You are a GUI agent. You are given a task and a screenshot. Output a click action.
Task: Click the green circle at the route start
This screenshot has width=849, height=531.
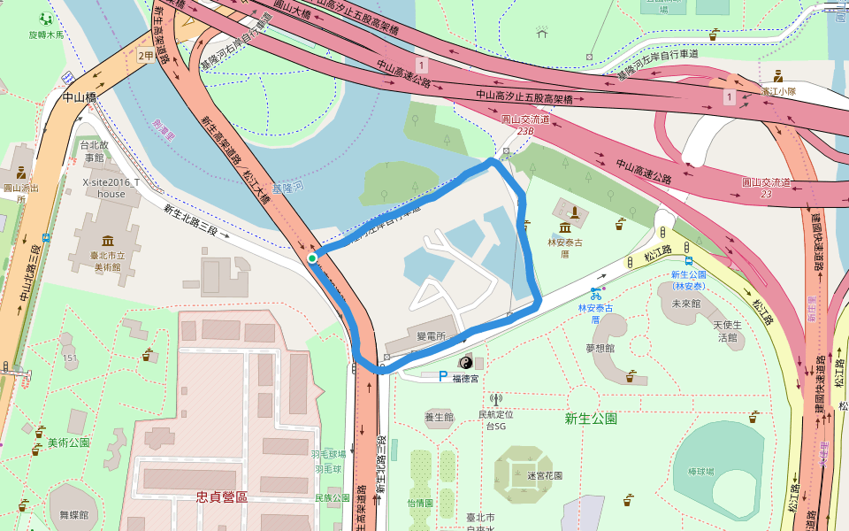[312, 258]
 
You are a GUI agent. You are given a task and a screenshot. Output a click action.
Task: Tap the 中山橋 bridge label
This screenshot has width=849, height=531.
[79, 98]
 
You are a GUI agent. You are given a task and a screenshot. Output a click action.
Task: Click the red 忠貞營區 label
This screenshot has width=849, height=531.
[222, 496]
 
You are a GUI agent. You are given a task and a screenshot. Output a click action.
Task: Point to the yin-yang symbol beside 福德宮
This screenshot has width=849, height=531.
[465, 363]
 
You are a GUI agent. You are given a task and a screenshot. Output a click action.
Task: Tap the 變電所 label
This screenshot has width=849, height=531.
[431, 337]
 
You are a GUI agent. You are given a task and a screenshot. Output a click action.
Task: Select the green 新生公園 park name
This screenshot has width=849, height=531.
[591, 418]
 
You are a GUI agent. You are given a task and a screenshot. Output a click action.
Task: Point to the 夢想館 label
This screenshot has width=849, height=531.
[600, 348]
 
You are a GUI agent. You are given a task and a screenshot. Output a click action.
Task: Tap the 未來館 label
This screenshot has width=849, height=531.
[686, 303]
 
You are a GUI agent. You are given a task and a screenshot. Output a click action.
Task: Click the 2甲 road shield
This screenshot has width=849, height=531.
[146, 55]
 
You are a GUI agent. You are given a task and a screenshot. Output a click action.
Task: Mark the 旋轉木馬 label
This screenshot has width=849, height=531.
[48, 35]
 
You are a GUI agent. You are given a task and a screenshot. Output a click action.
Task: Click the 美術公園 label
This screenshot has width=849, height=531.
[68, 442]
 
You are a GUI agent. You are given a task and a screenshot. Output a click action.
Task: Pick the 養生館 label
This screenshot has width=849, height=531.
[439, 416]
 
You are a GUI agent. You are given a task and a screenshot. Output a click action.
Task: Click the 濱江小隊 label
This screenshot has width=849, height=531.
[778, 91]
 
